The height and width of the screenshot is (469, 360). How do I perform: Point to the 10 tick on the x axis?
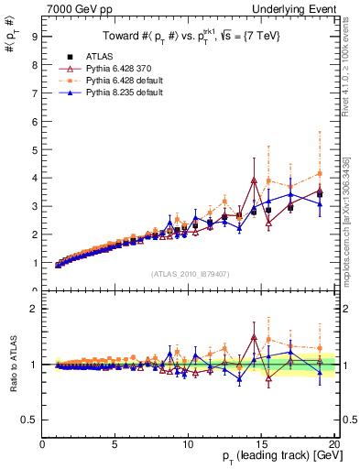188,445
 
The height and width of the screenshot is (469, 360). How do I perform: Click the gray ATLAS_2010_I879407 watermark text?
191,273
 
